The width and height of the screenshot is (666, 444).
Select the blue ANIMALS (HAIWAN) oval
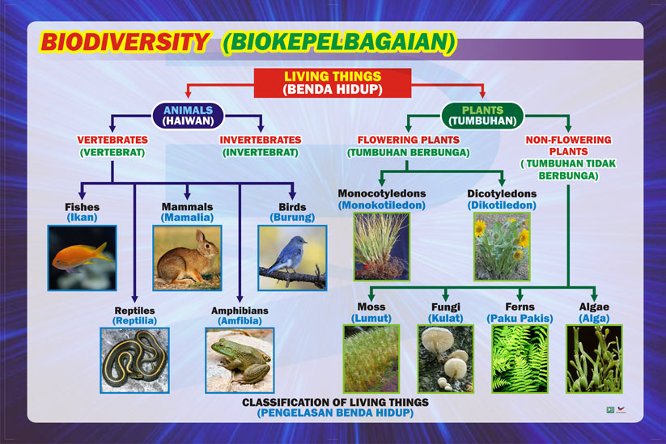(x=188, y=116)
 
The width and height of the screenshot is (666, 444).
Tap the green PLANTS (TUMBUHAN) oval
(x=482, y=116)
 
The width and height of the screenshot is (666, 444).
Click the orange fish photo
(x=82, y=257)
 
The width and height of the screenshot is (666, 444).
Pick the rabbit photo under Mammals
(x=187, y=257)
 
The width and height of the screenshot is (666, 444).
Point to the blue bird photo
(x=292, y=257)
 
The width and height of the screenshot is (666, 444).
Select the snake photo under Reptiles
(x=134, y=360)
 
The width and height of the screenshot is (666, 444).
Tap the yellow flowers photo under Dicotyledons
(x=502, y=246)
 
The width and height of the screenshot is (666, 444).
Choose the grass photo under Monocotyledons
(x=381, y=246)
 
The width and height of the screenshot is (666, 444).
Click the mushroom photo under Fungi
(x=445, y=358)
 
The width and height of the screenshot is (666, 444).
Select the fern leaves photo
(x=520, y=358)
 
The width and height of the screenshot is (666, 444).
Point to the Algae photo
(x=594, y=358)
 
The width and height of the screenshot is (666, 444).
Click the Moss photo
(x=371, y=358)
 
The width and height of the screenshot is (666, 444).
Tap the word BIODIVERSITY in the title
(x=125, y=42)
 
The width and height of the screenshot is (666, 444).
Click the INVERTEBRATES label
(x=261, y=140)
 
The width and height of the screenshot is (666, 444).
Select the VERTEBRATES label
(x=112, y=140)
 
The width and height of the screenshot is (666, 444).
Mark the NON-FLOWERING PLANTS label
(x=568, y=146)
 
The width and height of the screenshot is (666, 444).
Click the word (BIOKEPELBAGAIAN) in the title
(x=338, y=42)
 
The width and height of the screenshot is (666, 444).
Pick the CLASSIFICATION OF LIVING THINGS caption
(x=335, y=402)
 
